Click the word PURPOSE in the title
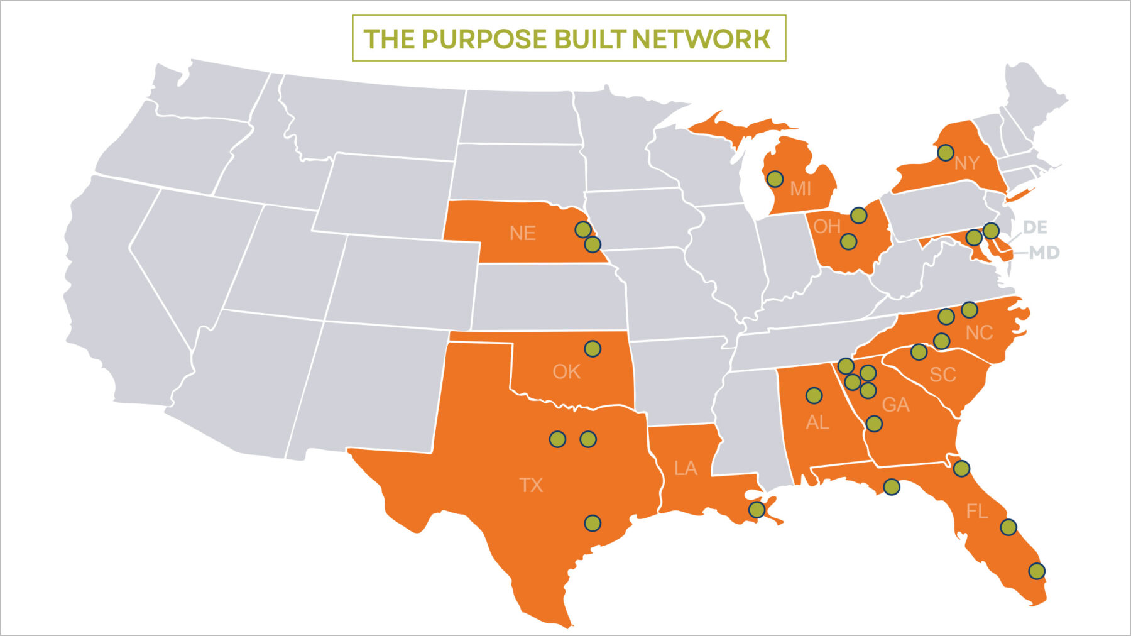pos(484,39)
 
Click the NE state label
pos(522,233)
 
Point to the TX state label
pos(531,485)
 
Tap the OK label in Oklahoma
pos(566,372)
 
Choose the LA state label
pos(686,468)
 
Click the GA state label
pos(895,405)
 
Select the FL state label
pos(977,512)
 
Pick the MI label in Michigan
pos(800,189)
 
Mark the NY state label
pos(967,163)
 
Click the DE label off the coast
pos(1035,227)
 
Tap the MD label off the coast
pos(1044,253)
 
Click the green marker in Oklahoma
pos(593,348)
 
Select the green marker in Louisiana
pos(757,509)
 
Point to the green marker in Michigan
pos(775,179)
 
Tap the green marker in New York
pos(946,152)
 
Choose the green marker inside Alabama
pos(814,395)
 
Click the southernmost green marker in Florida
pos(1037,571)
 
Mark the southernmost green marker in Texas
pos(593,523)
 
